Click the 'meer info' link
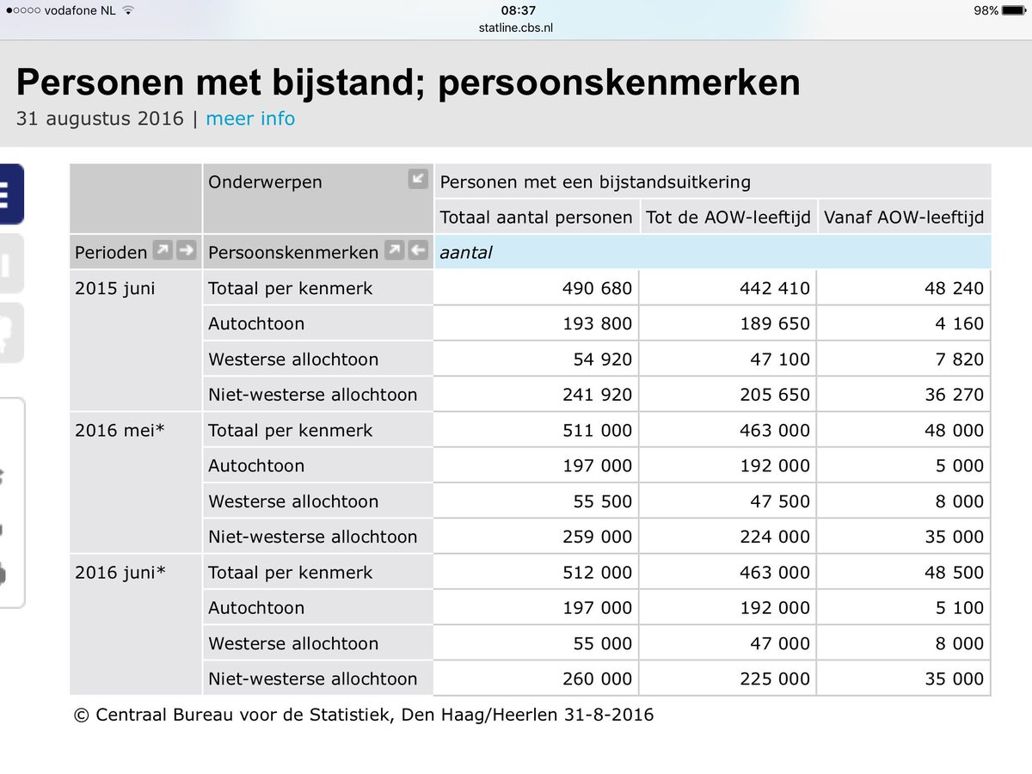click(x=250, y=119)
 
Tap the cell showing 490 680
click(x=597, y=289)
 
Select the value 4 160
click(x=955, y=324)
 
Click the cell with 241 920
click(x=597, y=396)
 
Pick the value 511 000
click(x=597, y=431)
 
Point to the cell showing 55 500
click(x=602, y=502)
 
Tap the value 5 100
click(x=955, y=608)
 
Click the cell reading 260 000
click(x=597, y=679)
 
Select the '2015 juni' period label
click(x=115, y=289)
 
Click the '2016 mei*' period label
click(x=120, y=431)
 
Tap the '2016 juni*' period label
click(x=120, y=573)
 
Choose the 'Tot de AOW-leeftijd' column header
click(x=728, y=218)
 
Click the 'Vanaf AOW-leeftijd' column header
click(x=903, y=218)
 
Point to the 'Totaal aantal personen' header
click(x=536, y=218)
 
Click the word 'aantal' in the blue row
click(x=465, y=253)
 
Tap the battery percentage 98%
click(x=986, y=11)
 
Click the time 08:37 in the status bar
click(x=518, y=11)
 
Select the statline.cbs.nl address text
click(x=516, y=28)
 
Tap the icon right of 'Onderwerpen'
click(x=418, y=179)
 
